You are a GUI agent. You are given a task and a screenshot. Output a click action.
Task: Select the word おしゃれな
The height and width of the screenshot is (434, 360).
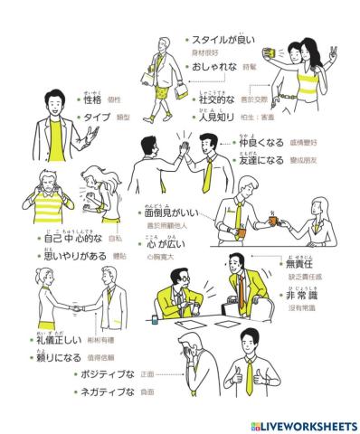click(213, 67)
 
